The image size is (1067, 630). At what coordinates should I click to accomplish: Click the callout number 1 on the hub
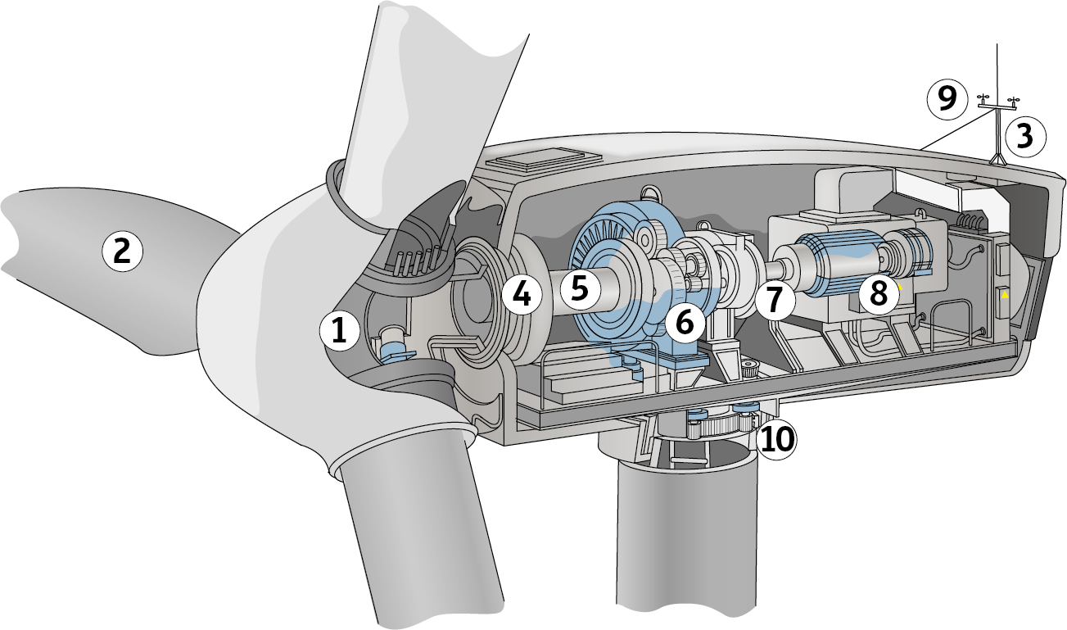coord(340,331)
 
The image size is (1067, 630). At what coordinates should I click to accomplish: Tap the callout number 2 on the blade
coord(122,251)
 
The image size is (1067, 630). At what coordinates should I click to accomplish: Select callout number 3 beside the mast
coord(1025,137)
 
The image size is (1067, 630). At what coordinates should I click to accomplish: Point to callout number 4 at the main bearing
coord(522,294)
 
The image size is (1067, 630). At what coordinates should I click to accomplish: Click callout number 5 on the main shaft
coord(580,288)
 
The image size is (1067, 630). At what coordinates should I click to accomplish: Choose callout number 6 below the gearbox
coord(685,323)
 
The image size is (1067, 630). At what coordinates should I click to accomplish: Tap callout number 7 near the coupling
coord(775,299)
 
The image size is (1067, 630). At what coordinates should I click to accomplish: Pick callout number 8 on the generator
coord(879,292)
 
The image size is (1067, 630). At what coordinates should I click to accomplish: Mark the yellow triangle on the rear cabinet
coord(1005,295)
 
